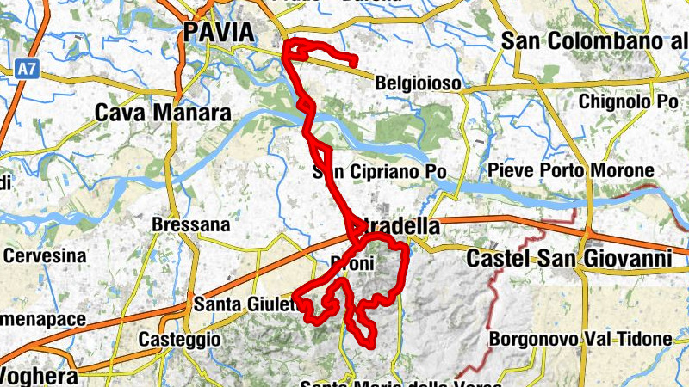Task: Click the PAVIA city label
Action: point(219,33)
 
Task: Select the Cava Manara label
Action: point(163,114)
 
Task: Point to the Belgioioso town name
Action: point(419,84)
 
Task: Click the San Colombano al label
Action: point(594,40)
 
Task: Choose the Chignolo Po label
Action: point(629,101)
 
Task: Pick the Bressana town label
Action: point(190,225)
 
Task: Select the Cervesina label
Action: point(45,255)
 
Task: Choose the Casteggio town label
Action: point(179,339)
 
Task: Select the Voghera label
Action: point(40,376)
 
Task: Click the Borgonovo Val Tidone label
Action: point(580,340)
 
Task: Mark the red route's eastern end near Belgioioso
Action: point(355,61)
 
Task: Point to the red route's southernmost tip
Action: point(371,344)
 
